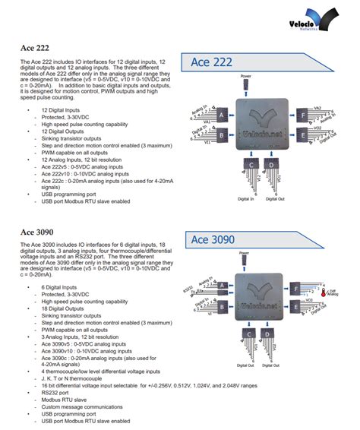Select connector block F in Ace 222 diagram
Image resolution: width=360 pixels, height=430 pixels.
coord(303,114)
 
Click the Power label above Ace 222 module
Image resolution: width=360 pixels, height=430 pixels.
coord(246,76)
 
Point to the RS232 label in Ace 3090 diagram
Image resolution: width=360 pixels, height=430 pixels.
coord(189,289)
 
